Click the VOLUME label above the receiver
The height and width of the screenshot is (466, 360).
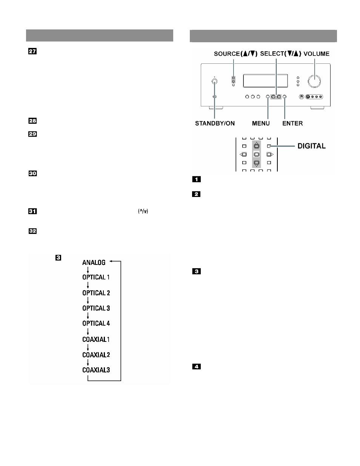coord(316,54)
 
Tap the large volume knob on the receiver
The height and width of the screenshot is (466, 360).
coord(314,81)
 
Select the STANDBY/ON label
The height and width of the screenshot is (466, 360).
coord(215,123)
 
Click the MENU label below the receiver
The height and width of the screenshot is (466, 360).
coord(261,123)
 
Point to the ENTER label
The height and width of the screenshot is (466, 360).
coord(292,123)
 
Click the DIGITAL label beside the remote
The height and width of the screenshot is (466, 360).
coord(312,146)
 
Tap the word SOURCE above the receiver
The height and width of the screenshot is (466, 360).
coord(227,54)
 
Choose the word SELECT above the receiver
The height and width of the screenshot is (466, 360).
coord(272,54)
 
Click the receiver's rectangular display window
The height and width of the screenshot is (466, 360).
coord(265,81)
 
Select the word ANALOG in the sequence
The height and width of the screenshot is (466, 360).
coord(94,263)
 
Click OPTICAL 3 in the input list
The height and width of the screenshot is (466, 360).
coord(96,308)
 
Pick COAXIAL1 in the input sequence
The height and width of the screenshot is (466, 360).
coord(96,340)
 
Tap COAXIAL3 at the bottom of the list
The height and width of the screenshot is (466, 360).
coord(96,370)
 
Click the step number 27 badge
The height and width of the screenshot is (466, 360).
coord(32,51)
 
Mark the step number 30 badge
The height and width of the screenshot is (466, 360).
coord(33,173)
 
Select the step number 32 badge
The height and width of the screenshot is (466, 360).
coord(32,231)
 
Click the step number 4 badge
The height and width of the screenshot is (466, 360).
coord(196,366)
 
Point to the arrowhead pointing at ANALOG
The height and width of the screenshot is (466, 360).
coord(111,261)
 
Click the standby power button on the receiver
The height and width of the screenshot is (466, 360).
coord(214,81)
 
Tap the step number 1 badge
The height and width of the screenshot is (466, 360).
coord(196,179)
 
